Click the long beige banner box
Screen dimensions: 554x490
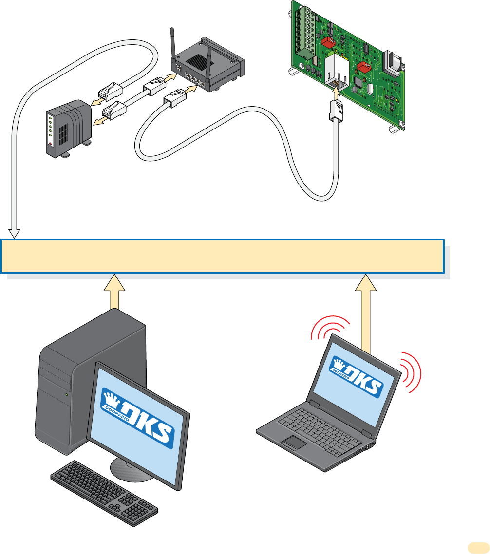(224, 256)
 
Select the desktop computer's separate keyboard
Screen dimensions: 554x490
(104, 492)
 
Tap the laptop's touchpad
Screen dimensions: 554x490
(295, 443)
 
